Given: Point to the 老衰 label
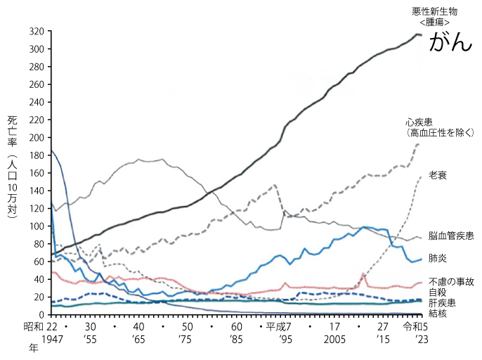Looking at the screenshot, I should pos(438,174).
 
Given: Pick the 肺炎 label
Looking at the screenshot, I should pos(437,259).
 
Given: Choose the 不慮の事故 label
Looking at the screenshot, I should pos(451,282).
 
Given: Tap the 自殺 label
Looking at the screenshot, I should pos(437,292).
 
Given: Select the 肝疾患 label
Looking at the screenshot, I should pos(441,302).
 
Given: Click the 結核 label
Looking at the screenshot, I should pos(437,313).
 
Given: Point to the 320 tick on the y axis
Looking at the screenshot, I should pos(37,32).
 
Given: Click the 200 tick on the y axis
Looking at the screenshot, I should pos(37,138).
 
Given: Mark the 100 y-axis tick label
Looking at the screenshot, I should pos(37,226).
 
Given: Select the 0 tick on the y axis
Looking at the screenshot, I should pos(42,314).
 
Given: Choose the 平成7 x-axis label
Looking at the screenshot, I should pos(280,327).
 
